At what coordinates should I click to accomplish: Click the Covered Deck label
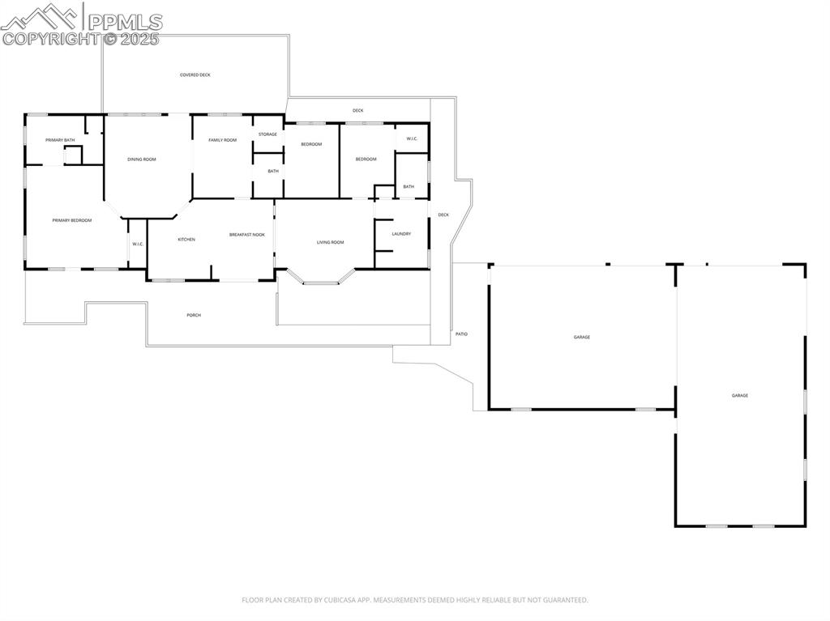(x=195, y=75)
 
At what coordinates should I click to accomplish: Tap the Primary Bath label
(x=60, y=140)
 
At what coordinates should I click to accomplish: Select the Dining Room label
(x=142, y=160)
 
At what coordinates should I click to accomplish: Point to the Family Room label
(x=222, y=140)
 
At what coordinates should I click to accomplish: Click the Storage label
(x=267, y=134)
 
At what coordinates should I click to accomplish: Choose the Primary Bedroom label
(x=72, y=220)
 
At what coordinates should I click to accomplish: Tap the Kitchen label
(x=186, y=240)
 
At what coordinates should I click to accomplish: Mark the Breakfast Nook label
(x=246, y=235)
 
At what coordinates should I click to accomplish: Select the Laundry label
(x=401, y=234)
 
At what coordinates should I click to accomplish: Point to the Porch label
(x=194, y=315)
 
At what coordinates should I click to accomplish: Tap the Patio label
(x=461, y=334)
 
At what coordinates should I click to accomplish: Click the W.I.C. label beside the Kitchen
(x=138, y=245)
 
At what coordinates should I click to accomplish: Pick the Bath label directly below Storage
(x=273, y=171)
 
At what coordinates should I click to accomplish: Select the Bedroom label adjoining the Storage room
(x=311, y=144)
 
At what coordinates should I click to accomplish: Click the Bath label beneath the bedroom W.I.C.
(x=409, y=187)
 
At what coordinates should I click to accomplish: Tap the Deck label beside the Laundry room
(x=443, y=215)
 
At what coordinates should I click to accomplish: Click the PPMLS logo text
(x=125, y=22)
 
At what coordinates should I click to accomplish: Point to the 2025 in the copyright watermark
(x=140, y=38)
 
